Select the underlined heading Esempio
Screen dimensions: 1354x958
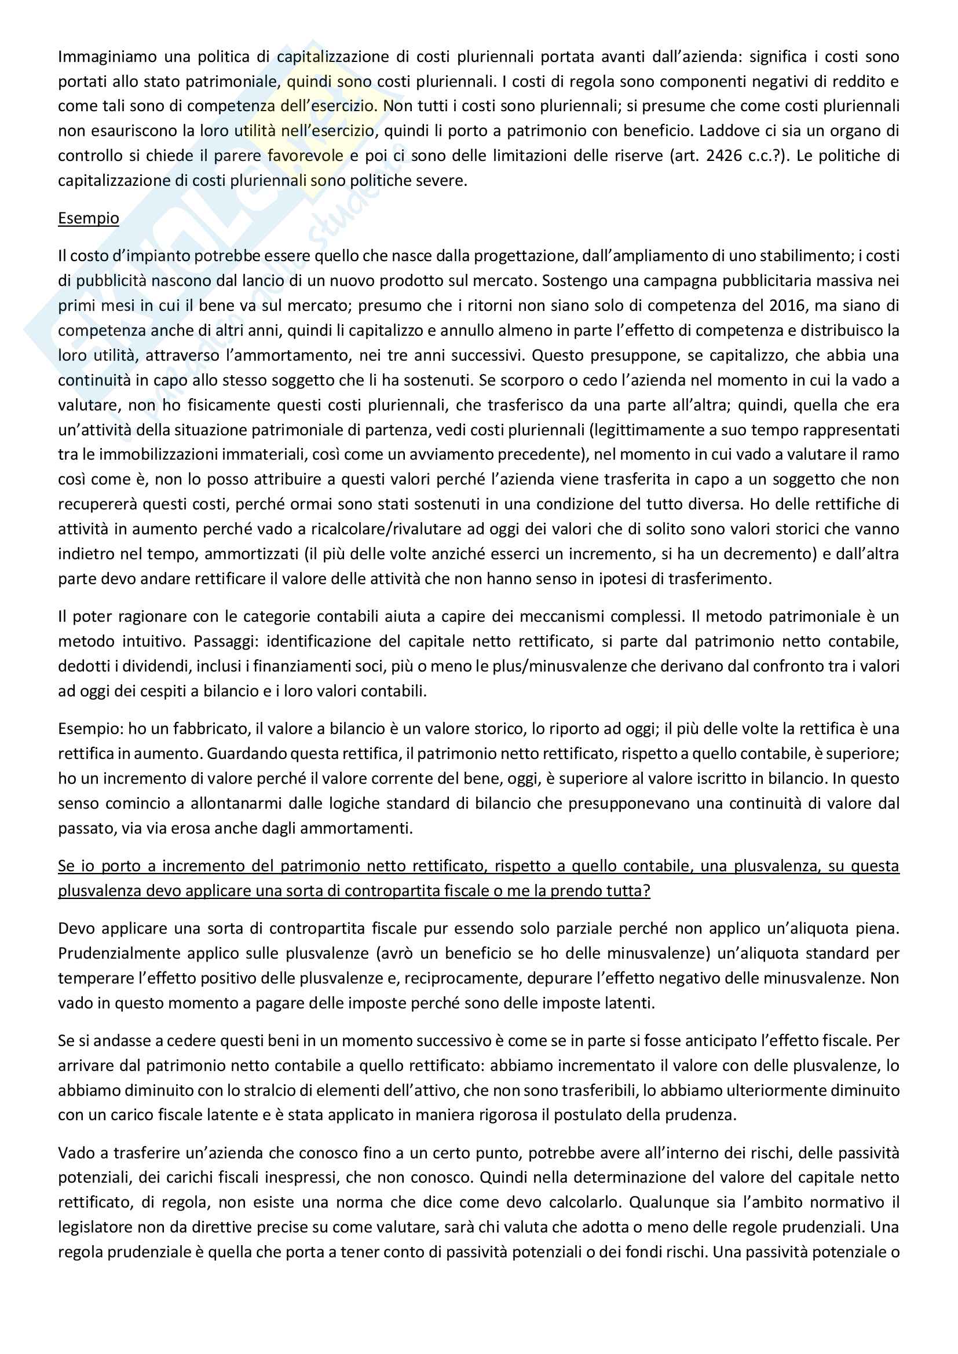(x=89, y=218)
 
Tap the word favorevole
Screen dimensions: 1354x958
(x=305, y=156)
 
